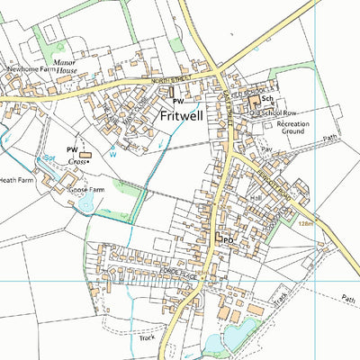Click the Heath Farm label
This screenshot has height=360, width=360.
(16, 180)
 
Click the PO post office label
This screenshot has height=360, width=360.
(228, 240)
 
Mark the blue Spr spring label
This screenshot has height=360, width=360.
(49, 157)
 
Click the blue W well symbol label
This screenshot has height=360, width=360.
(112, 153)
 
